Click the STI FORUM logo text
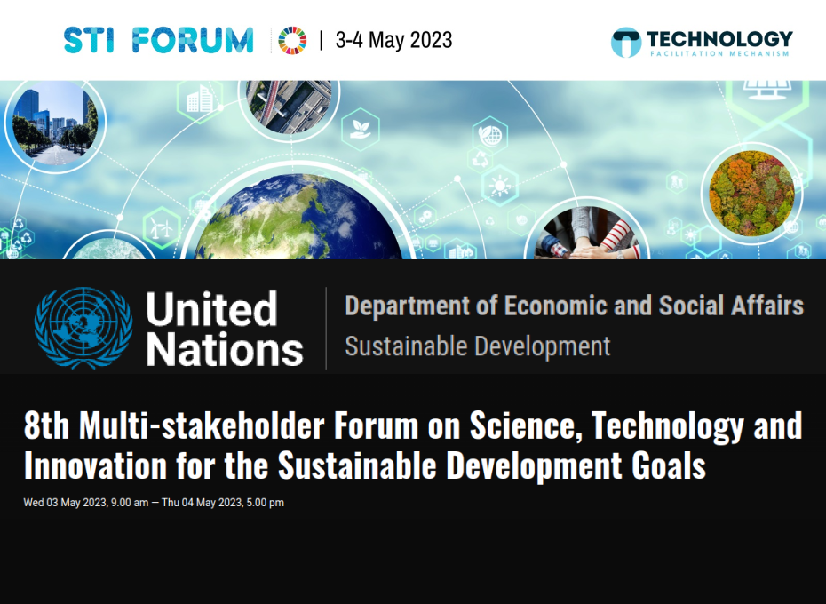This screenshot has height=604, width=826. click(158, 40)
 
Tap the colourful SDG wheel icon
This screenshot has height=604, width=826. click(292, 40)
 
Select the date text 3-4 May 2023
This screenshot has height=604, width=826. click(393, 40)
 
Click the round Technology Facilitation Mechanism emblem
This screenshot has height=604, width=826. click(625, 42)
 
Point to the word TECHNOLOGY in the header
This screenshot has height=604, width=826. click(719, 38)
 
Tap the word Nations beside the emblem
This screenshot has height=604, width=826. click(225, 349)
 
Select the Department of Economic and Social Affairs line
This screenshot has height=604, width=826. click(574, 306)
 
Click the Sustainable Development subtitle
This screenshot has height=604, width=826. click(478, 346)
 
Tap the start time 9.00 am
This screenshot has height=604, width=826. click(130, 503)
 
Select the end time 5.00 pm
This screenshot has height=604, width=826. click(266, 503)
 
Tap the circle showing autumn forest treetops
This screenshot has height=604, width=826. click(751, 194)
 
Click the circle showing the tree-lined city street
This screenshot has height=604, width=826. click(52, 123)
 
